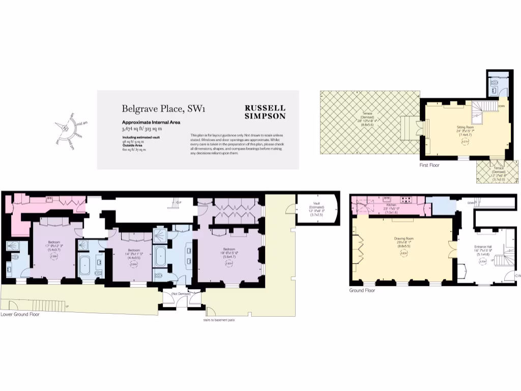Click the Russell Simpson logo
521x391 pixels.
click(x=265, y=112)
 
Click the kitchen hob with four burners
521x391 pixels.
click(x=407, y=200)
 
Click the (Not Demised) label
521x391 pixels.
click(x=181, y=294)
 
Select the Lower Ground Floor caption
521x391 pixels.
click(x=20, y=315)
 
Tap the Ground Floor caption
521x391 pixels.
click(x=362, y=290)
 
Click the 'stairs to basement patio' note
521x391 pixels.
click(x=218, y=320)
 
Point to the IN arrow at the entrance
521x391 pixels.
click(x=517, y=275)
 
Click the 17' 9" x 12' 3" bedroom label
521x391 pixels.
click(x=54, y=245)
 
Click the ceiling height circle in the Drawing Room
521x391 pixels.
click(x=403, y=253)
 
